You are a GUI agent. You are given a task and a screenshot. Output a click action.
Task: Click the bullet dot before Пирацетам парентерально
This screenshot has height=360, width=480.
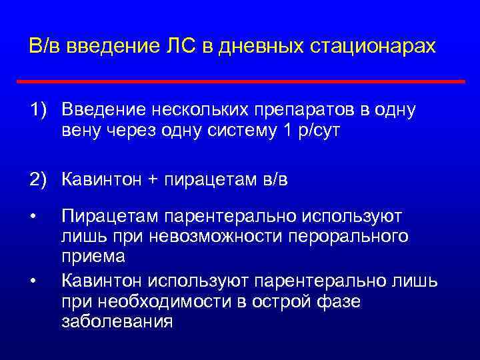click(x=32, y=217)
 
